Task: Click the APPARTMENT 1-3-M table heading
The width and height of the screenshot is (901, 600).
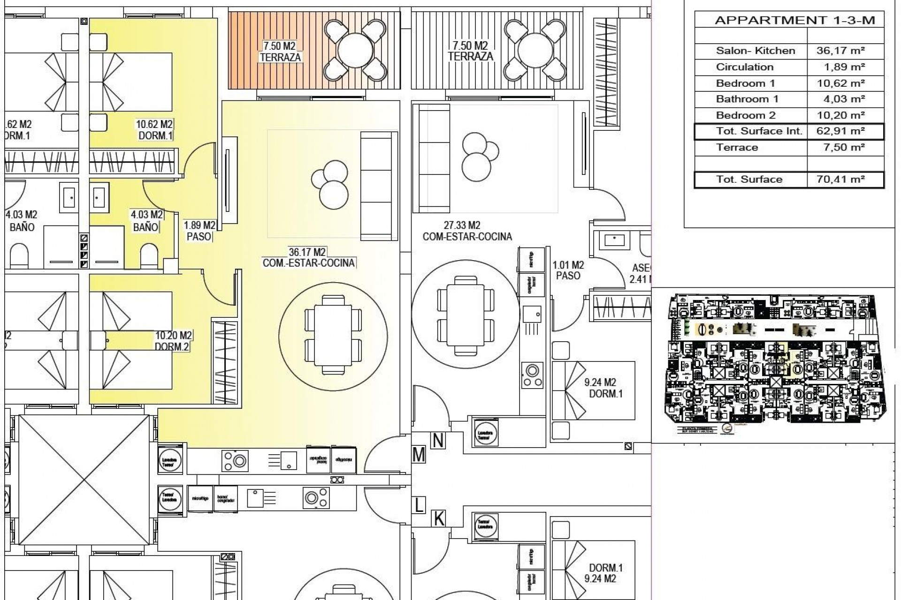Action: (794, 21)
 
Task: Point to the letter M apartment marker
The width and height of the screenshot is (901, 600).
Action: (419, 455)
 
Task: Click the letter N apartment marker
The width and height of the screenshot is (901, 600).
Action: (438, 441)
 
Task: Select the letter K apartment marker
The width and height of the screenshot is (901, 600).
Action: (439, 519)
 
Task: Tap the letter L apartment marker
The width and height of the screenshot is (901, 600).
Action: (419, 505)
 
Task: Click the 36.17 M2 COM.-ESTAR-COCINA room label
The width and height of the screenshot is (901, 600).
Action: (308, 258)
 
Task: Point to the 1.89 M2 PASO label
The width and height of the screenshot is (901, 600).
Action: (199, 231)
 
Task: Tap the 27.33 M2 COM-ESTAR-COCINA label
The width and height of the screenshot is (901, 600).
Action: (466, 232)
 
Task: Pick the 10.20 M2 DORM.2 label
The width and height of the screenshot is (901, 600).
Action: (173, 341)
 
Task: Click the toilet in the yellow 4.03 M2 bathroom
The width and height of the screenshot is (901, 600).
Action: (149, 256)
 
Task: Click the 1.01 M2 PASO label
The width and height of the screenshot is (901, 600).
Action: (568, 270)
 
